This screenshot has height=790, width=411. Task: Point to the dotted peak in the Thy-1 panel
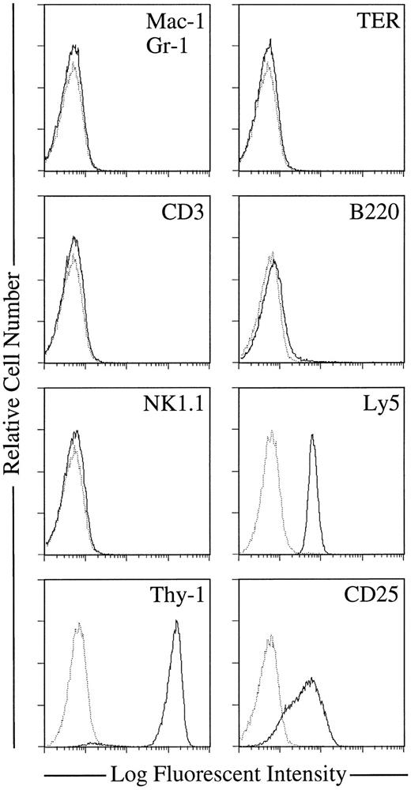77,626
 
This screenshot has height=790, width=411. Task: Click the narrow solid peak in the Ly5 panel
313,436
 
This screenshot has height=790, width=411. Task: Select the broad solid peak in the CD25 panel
313,679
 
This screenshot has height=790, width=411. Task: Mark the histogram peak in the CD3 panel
74,238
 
